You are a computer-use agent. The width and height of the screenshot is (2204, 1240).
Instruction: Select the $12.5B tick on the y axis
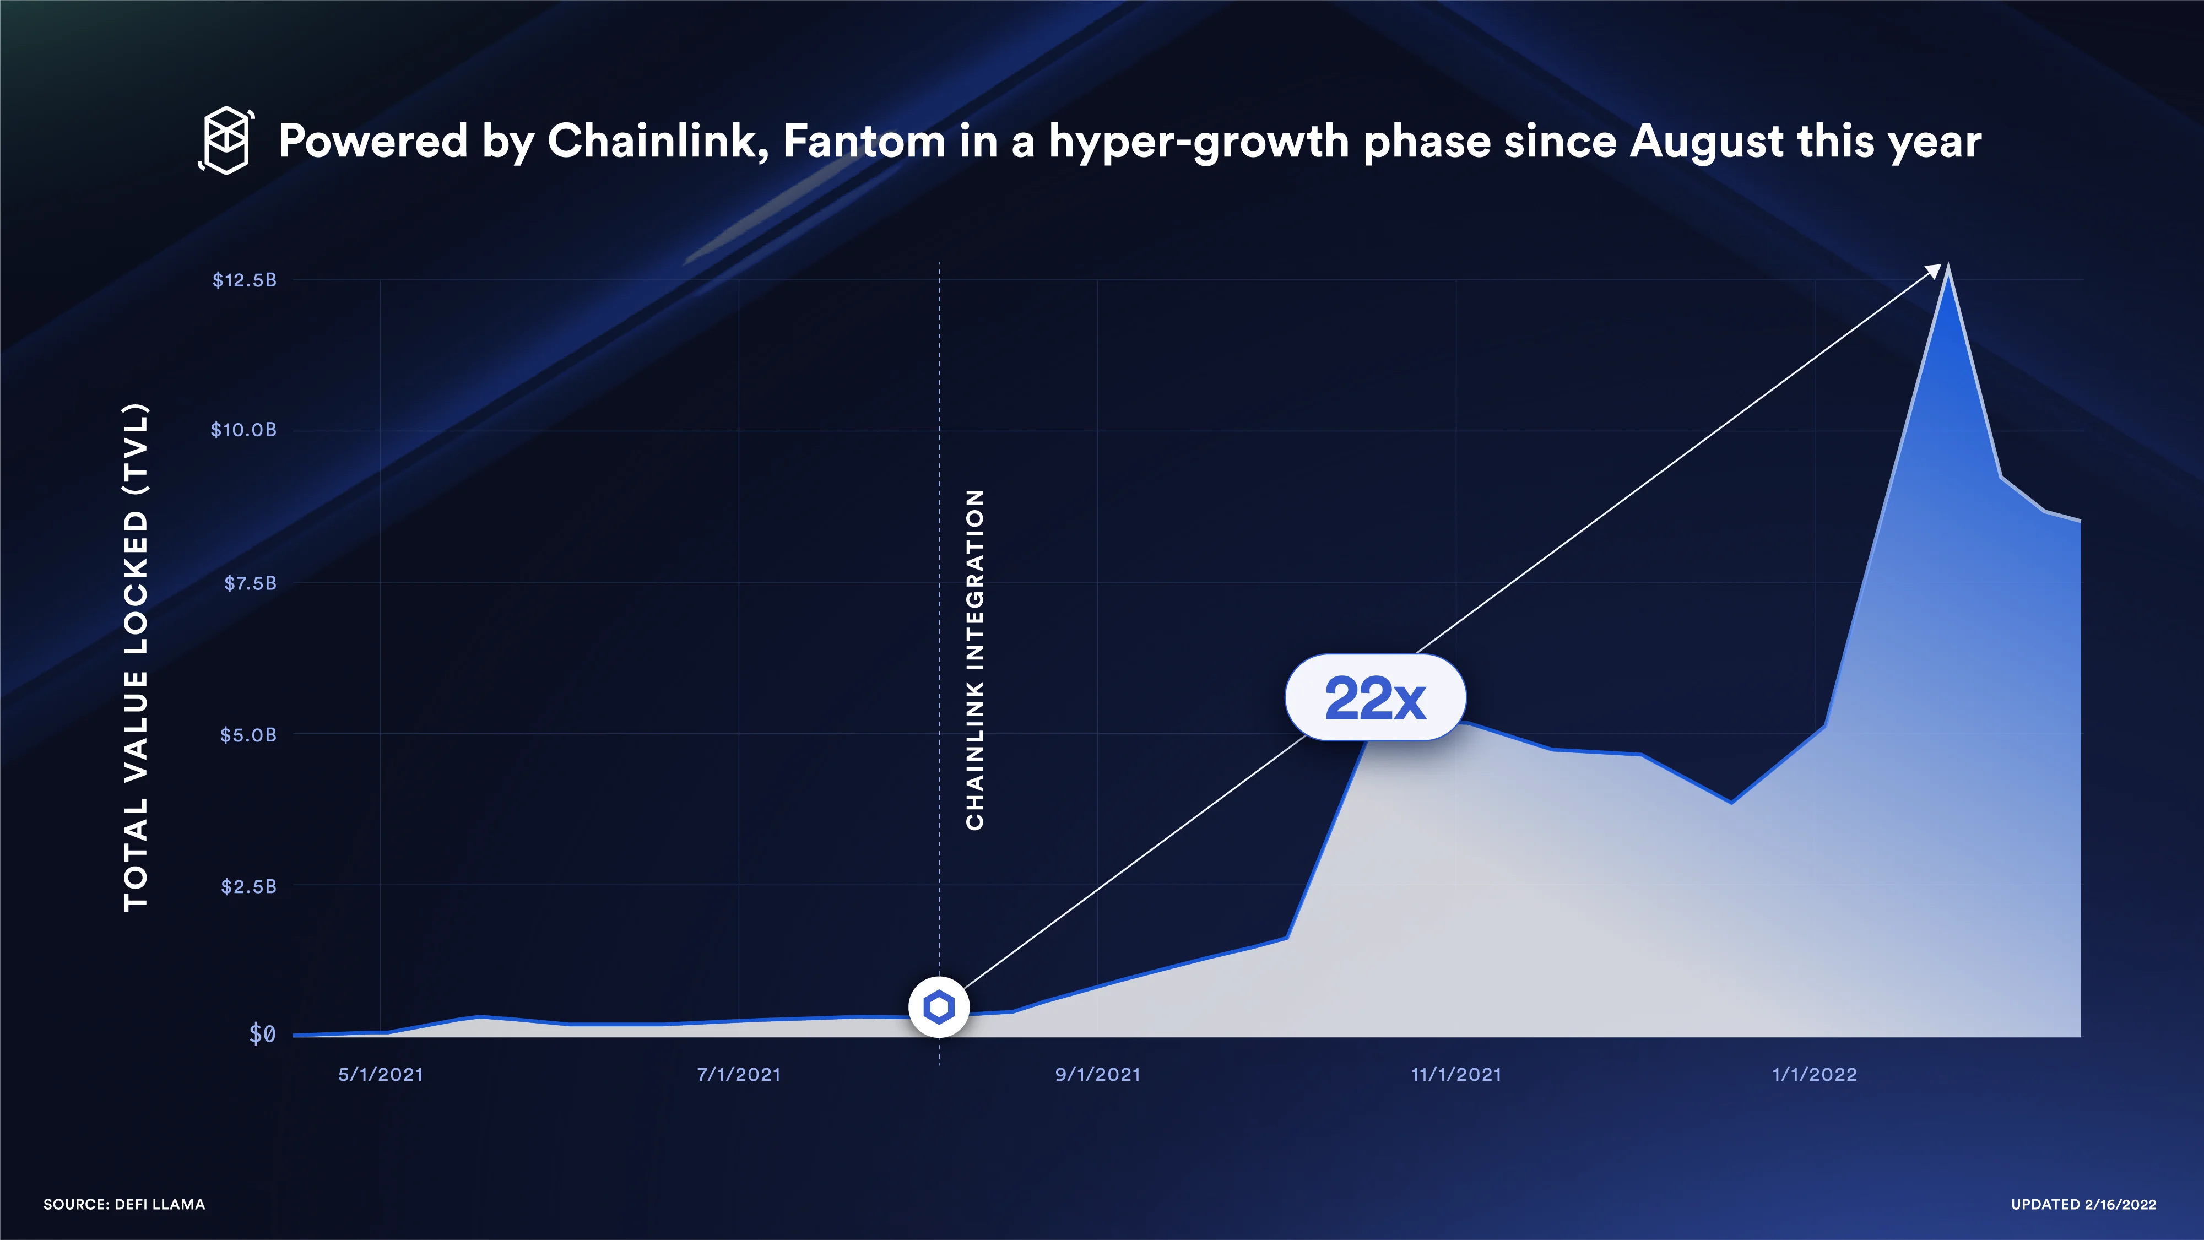click(x=245, y=280)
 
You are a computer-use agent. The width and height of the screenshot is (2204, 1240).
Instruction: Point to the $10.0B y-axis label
click(x=244, y=430)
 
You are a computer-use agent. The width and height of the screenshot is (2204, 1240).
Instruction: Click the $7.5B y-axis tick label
click(x=250, y=583)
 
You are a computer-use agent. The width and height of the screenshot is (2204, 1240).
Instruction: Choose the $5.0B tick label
click(x=248, y=734)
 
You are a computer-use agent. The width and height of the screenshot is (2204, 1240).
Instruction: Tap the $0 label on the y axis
click(x=262, y=1034)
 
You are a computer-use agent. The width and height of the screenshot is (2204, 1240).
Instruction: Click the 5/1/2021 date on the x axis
click(x=381, y=1075)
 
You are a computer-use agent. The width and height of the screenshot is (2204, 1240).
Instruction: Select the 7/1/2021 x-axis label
click(x=738, y=1075)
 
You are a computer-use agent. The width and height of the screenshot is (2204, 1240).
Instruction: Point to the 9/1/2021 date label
click(x=1098, y=1075)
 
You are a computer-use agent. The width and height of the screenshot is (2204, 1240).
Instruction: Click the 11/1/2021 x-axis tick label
click(x=1456, y=1075)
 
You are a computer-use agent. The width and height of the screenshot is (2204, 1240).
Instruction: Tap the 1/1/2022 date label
click(x=1814, y=1075)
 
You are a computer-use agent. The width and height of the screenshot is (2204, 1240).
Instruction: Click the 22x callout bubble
click(x=1375, y=697)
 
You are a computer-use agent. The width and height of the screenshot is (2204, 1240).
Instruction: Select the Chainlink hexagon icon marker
click(x=939, y=1007)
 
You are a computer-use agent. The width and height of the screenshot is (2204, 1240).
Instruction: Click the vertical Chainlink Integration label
click(x=974, y=659)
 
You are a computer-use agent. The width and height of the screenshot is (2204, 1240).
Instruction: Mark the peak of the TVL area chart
click(x=1948, y=272)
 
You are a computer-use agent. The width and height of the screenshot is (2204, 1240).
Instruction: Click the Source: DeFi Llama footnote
click(x=124, y=1204)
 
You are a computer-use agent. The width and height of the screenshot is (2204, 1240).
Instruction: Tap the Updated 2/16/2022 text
click(x=2083, y=1204)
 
